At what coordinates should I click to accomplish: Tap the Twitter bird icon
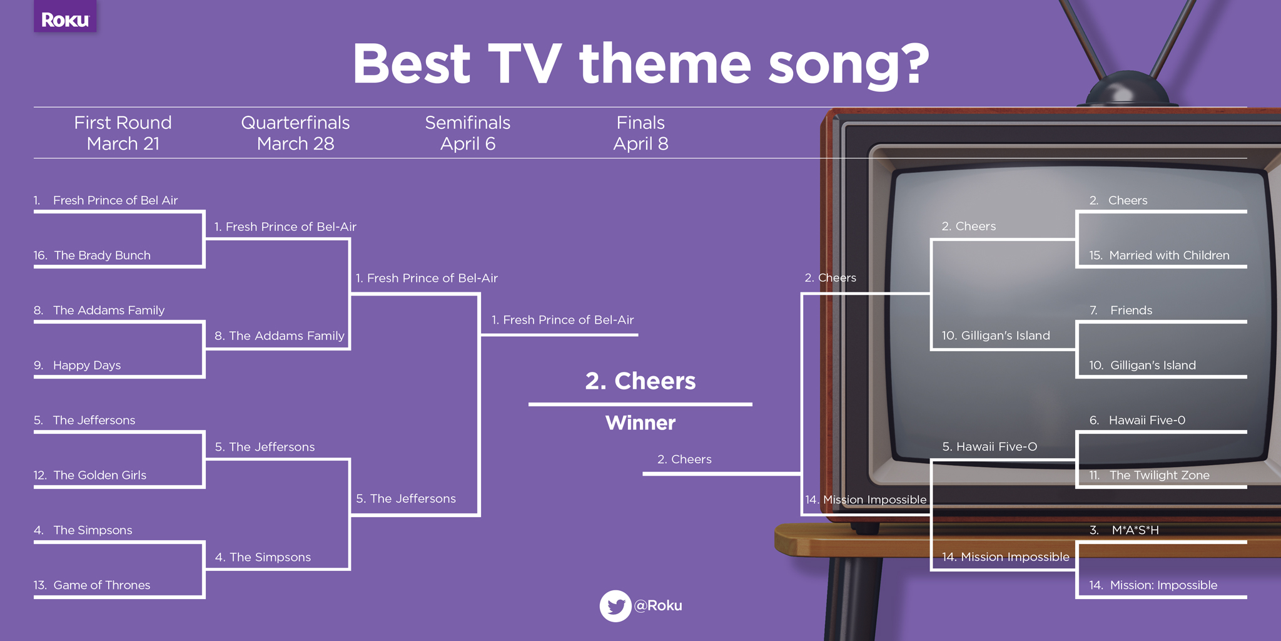(x=615, y=606)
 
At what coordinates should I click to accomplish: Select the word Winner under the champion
(x=640, y=423)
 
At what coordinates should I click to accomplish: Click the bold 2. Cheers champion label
(x=640, y=381)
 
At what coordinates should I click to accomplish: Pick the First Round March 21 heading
(x=123, y=133)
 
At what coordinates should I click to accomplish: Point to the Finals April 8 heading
(x=640, y=133)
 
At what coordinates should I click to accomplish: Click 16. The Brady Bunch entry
(x=92, y=255)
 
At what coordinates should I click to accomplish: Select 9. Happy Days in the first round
(x=77, y=365)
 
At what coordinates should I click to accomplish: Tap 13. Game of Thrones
(x=92, y=585)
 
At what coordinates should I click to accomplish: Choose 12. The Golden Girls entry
(x=90, y=475)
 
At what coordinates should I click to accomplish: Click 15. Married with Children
(x=1159, y=255)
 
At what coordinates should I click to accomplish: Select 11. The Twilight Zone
(x=1149, y=475)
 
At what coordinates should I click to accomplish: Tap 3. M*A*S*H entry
(x=1124, y=530)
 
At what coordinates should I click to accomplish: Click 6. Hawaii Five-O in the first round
(x=1137, y=420)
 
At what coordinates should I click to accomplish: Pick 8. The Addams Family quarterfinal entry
(x=280, y=336)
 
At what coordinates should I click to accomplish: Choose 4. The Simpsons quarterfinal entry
(x=263, y=557)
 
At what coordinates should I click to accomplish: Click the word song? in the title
(x=849, y=65)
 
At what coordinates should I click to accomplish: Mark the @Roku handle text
(x=658, y=606)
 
